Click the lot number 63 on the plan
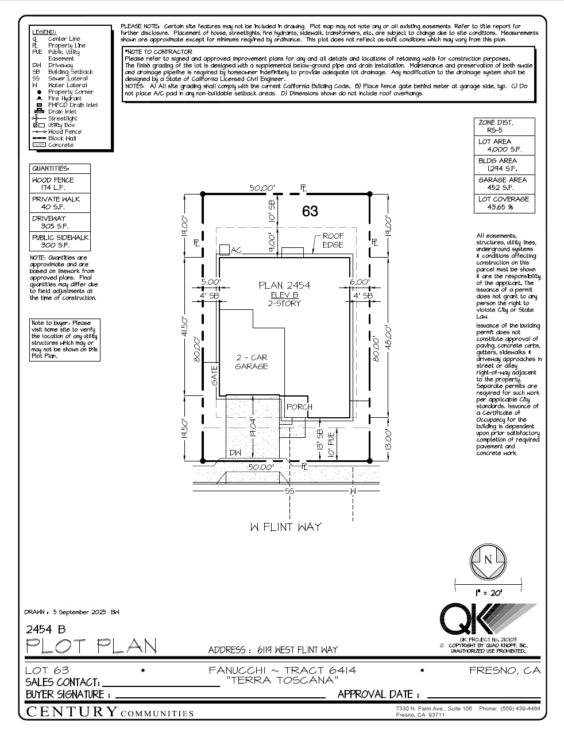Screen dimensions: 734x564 (x=310, y=211)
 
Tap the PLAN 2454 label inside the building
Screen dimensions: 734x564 (x=284, y=285)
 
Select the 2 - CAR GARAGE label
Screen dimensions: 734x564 (x=252, y=362)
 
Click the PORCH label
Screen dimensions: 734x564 (x=299, y=407)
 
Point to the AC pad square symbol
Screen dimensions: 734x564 (x=224, y=250)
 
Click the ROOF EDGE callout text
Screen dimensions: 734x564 (x=333, y=240)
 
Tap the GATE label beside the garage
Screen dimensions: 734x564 (x=215, y=375)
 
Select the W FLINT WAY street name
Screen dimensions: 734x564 (x=285, y=527)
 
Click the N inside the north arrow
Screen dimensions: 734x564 (x=488, y=560)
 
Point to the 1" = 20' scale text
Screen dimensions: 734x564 (x=488, y=592)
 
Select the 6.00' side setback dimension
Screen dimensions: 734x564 (x=360, y=282)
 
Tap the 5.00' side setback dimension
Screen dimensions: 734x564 (x=211, y=282)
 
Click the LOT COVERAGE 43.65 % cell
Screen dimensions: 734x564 (x=504, y=203)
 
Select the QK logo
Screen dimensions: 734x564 (x=477, y=619)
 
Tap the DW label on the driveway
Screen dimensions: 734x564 (x=235, y=453)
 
